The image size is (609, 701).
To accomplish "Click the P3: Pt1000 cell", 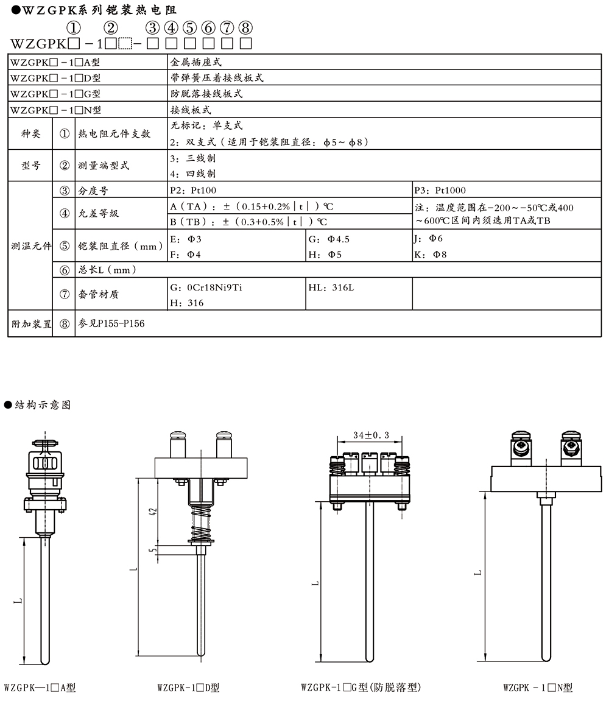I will pyautogui.click(x=439, y=191).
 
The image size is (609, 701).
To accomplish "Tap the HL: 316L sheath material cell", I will pyautogui.click(x=331, y=287).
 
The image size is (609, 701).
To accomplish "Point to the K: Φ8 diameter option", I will pyautogui.click(x=430, y=255).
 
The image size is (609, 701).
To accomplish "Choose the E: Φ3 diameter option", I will pyautogui.click(x=186, y=239).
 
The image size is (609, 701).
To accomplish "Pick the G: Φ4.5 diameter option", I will pyautogui.click(x=329, y=239).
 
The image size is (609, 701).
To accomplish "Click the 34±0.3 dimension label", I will pyautogui.click(x=371, y=435).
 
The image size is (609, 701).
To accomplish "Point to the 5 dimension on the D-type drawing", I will pyautogui.click(x=153, y=549).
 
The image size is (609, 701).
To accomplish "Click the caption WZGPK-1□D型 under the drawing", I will pyautogui.click(x=188, y=688).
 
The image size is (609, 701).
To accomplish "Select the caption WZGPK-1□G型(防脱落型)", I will pyautogui.click(x=361, y=688).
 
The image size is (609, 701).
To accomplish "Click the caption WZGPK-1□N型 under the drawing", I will pyautogui.click(x=538, y=688).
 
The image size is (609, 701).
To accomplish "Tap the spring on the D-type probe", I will pyautogui.click(x=200, y=524).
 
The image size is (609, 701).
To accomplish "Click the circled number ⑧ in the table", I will pyautogui.click(x=65, y=325).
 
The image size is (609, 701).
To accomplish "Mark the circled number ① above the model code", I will pyautogui.click(x=74, y=28).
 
